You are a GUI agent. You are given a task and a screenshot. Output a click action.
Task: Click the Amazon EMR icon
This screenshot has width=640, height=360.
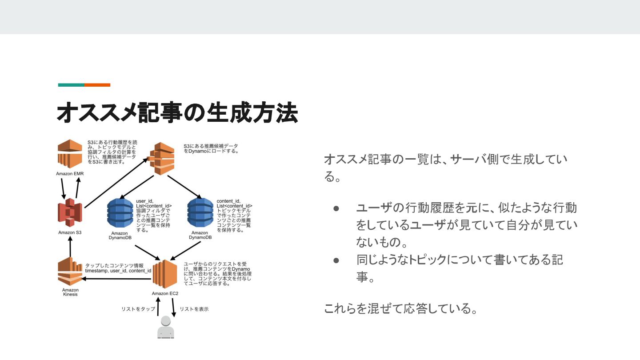pos(70,154)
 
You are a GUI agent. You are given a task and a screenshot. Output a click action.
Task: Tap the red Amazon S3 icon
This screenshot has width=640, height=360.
pos(70,213)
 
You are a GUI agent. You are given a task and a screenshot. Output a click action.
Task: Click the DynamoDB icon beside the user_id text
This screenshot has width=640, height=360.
pos(120,213)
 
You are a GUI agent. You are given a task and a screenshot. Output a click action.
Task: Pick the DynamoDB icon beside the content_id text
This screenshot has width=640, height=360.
pos(200,213)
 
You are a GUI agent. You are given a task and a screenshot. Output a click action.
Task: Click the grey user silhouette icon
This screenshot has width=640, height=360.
pos(165,328)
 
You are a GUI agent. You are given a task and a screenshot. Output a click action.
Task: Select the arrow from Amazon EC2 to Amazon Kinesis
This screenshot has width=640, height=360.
pos(118,279)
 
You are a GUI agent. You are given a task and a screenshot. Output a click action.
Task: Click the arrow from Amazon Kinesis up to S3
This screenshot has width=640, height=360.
pos(70,247)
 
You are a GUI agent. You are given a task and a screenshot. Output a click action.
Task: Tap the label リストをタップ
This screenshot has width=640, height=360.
pos(138,309)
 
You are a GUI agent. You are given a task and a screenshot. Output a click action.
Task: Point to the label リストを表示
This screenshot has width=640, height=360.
pos(194,309)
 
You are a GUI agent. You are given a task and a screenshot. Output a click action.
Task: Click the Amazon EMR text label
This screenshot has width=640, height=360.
pos(70,174)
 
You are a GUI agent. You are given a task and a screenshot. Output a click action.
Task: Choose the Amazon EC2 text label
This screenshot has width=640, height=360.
pos(165,293)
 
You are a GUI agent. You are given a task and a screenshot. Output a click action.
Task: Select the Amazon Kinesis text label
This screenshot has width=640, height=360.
pos(70,292)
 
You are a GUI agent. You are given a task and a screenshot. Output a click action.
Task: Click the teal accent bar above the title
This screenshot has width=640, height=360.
pos(71,85)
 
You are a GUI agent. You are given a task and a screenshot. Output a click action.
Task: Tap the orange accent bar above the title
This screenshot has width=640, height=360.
pos(97,85)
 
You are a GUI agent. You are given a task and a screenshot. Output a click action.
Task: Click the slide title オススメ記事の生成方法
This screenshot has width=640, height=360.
pos(177,112)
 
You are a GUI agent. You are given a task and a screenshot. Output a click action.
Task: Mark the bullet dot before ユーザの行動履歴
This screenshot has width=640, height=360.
pos(336,208)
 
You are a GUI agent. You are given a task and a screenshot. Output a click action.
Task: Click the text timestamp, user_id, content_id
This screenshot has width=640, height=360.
pos(118,271)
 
